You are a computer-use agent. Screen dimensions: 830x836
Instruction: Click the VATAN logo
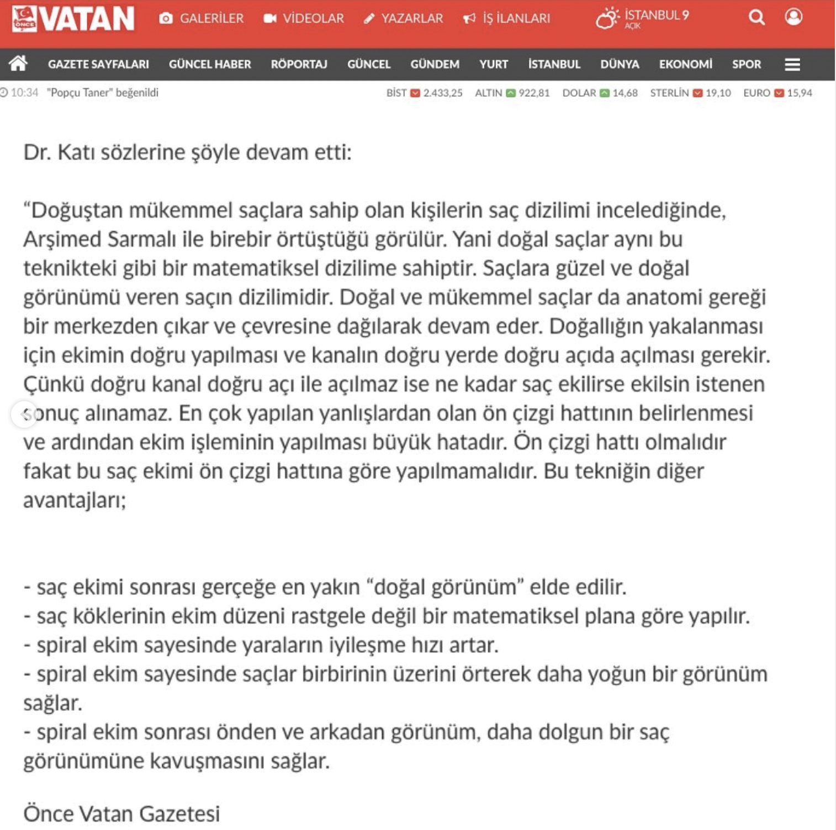pyautogui.click(x=73, y=19)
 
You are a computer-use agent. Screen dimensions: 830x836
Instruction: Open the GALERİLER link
pyautogui.click(x=202, y=19)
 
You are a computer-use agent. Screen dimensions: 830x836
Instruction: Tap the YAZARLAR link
pyautogui.click(x=404, y=19)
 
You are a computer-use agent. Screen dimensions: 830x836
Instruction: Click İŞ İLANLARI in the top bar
pyautogui.click(x=507, y=19)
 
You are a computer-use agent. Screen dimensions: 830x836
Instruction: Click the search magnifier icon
pyautogui.click(x=756, y=18)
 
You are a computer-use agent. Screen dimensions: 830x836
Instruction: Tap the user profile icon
pyautogui.click(x=793, y=17)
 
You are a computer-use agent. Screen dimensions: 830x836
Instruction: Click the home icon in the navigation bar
pyautogui.click(x=18, y=64)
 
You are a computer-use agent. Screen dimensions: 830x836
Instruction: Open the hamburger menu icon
pyautogui.click(x=792, y=65)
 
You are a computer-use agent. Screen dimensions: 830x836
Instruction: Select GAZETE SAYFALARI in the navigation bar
pyautogui.click(x=98, y=65)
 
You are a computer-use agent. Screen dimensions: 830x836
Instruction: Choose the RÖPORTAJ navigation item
pyautogui.click(x=299, y=65)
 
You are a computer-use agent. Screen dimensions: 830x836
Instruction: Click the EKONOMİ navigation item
pyautogui.click(x=685, y=65)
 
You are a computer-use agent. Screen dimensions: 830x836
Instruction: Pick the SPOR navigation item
pyautogui.click(x=747, y=65)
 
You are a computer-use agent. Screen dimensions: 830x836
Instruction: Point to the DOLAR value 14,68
pyautogui.click(x=625, y=93)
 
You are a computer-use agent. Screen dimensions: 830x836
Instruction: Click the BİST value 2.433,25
pyautogui.click(x=443, y=93)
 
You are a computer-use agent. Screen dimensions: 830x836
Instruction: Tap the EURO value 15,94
pyautogui.click(x=800, y=93)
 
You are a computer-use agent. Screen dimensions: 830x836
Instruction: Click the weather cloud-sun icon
pyautogui.click(x=607, y=18)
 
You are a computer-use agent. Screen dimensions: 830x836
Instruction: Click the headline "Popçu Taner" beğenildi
pyautogui.click(x=103, y=93)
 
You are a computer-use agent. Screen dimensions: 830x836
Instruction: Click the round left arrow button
pyautogui.click(x=24, y=414)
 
